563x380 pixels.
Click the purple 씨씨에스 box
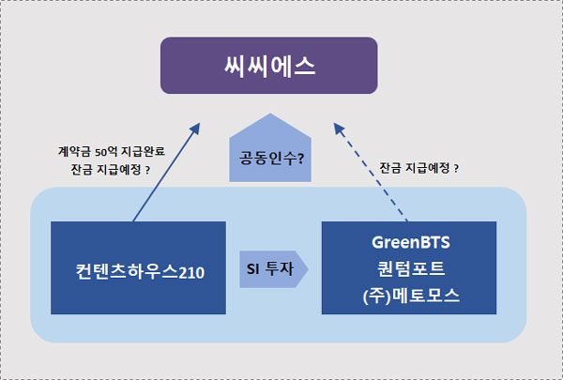coord(281,66)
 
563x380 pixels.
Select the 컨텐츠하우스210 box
coord(138,267)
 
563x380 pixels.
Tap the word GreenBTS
coord(408,242)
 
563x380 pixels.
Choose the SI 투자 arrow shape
coord(273,268)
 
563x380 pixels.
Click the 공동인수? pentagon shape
coord(269,150)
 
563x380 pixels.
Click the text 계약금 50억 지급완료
coord(110,151)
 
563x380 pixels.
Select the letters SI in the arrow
coord(252,268)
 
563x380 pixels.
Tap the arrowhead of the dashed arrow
coord(337,126)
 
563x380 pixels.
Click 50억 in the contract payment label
coord(107,151)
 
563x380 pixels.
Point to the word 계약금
coord(72,151)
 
